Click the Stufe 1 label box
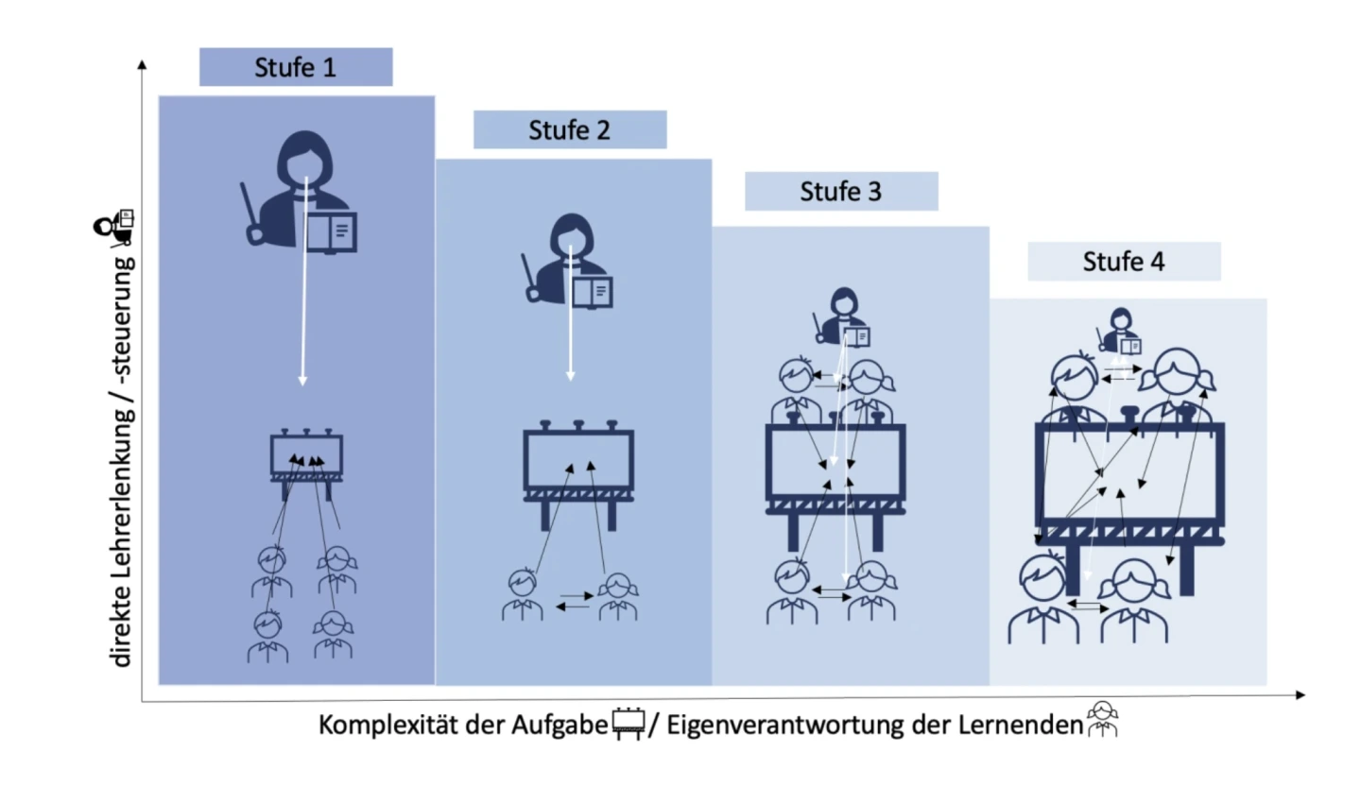tap(296, 67)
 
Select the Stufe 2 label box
tap(570, 129)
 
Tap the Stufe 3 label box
tap(841, 191)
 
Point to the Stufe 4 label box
tap(1124, 261)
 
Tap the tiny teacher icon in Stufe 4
tap(1121, 331)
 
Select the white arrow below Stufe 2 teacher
tap(570, 321)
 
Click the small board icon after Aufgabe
tap(629, 724)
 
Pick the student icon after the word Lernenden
tap(1102, 720)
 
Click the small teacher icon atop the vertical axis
tap(115, 226)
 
